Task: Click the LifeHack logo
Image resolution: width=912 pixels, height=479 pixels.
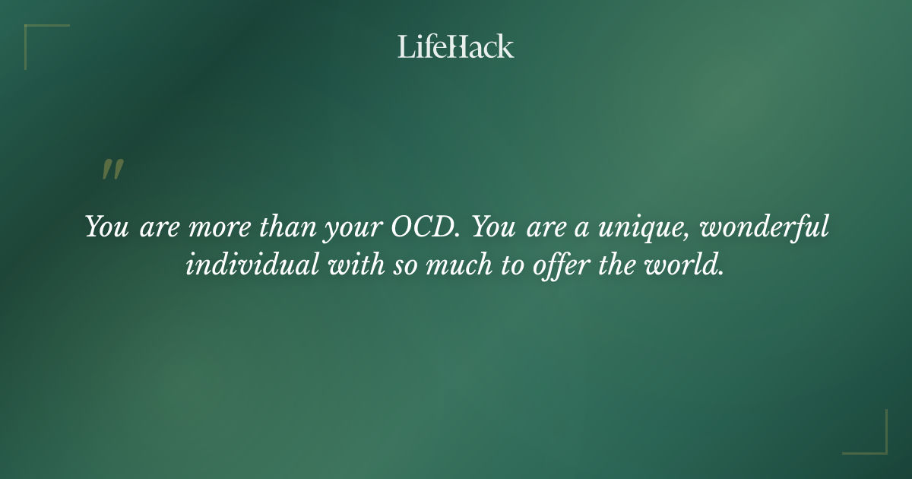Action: coord(456,46)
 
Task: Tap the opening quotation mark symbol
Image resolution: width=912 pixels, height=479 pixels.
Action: coord(112,170)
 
